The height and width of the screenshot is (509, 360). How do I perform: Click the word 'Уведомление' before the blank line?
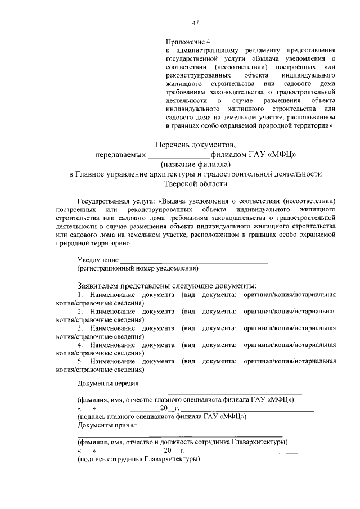click(x=98, y=260)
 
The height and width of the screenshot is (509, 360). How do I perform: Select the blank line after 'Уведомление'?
click(x=206, y=260)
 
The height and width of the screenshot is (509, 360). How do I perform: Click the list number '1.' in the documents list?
click(x=80, y=295)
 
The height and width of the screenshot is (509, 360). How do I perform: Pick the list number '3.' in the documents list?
click(x=80, y=327)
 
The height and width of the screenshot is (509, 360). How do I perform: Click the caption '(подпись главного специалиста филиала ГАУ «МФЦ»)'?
click(x=162, y=417)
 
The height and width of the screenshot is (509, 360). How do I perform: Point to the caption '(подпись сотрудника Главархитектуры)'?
click(x=138, y=460)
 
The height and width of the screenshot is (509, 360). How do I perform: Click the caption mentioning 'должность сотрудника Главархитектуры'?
click(x=183, y=442)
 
